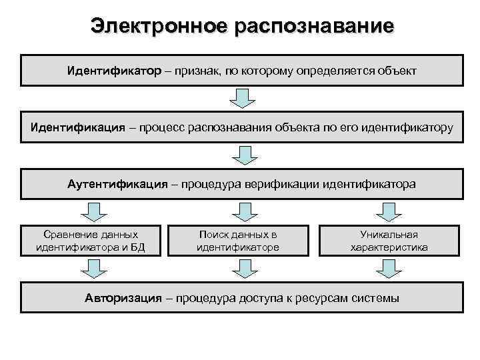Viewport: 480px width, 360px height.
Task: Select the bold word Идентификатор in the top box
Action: click(113, 70)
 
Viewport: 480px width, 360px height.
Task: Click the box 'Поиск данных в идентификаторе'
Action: click(238, 241)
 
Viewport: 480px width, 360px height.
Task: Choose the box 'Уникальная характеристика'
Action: click(389, 241)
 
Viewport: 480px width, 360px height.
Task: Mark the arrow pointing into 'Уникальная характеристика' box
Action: click(389, 212)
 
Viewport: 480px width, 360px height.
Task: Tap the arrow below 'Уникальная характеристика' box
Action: click(389, 269)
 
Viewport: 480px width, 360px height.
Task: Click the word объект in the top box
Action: click(397, 70)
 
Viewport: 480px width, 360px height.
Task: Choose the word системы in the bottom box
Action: click(375, 298)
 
